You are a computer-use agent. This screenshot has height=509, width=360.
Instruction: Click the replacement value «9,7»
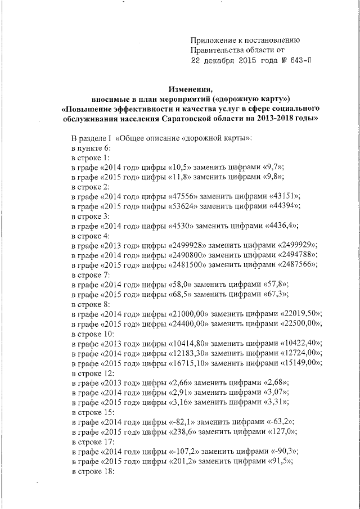point(273,167)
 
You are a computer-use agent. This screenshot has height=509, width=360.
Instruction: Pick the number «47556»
point(184,196)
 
